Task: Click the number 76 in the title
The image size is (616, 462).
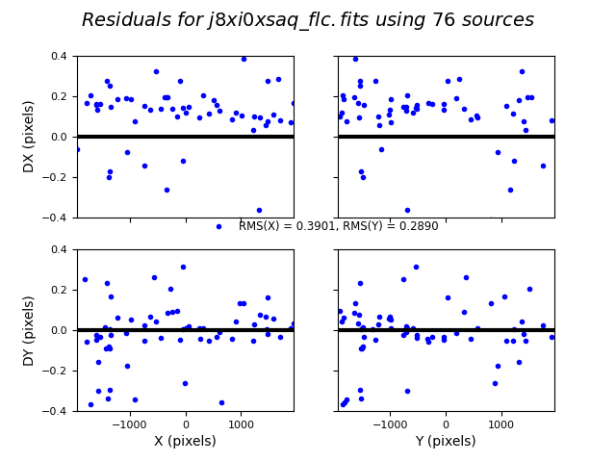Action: (x=447, y=20)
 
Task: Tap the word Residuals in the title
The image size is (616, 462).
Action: (x=123, y=20)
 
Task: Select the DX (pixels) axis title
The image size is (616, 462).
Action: (x=29, y=137)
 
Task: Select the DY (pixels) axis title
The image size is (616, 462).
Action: (x=29, y=330)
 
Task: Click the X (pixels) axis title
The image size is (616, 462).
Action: (x=186, y=441)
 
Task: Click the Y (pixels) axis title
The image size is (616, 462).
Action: (x=446, y=441)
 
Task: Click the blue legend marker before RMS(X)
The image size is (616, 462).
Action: (x=218, y=226)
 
